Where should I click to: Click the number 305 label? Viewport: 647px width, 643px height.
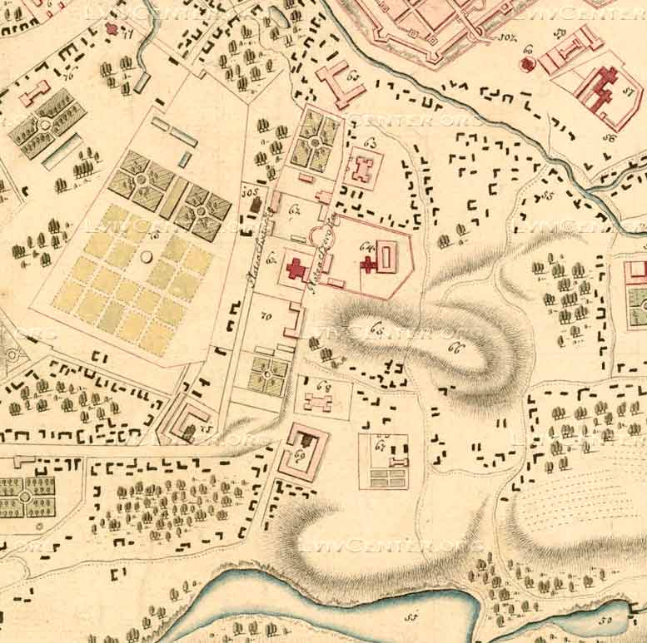click(246, 191)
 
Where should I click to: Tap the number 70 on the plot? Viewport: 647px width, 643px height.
click(267, 316)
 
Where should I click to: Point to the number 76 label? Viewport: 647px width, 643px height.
click(66, 76)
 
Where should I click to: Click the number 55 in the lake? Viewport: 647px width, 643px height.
click(410, 617)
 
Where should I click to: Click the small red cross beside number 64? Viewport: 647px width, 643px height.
click(367, 265)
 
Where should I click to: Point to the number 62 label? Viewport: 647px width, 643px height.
click(352, 78)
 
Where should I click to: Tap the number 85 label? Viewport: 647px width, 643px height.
click(547, 195)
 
